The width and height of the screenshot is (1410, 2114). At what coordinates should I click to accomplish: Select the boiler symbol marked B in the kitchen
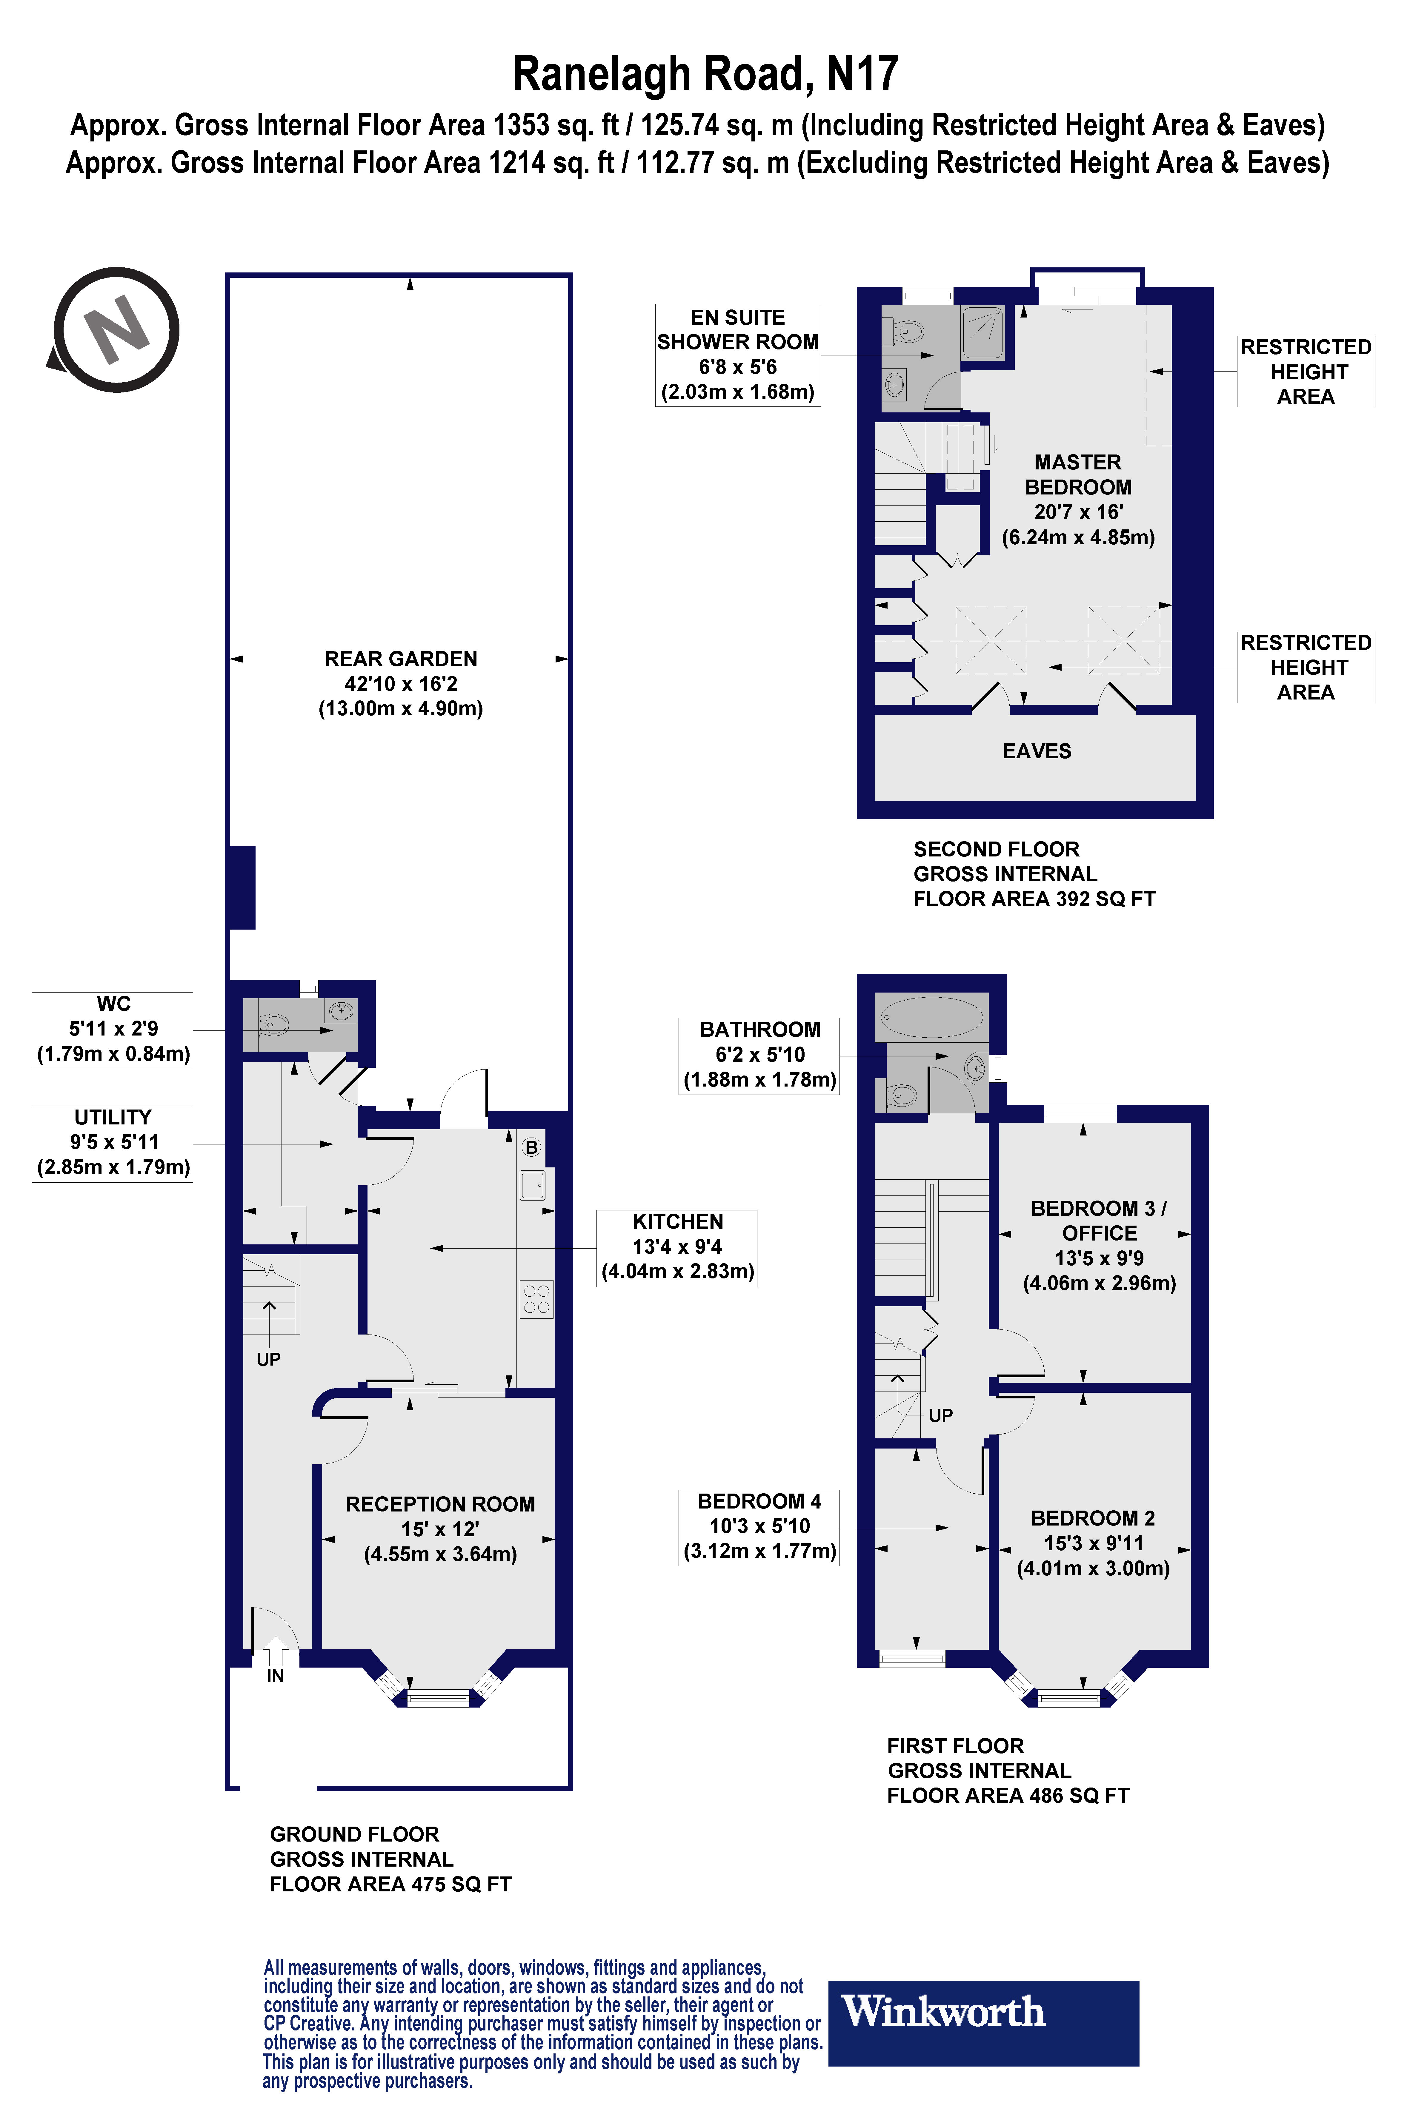coord(531,1148)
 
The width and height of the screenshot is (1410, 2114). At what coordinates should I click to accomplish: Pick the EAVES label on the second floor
coord(1037,751)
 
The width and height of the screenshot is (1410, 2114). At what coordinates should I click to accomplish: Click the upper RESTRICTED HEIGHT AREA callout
coord(1306,371)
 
